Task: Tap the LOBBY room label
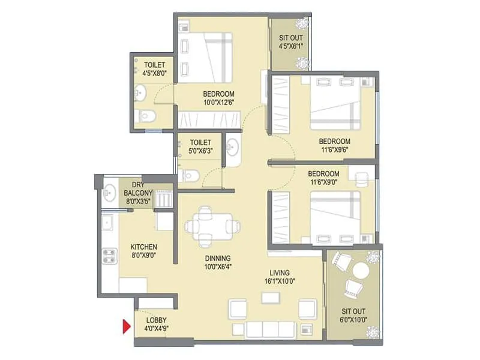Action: (x=156, y=320)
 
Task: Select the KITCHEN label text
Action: (x=144, y=247)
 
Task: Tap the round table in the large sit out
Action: (x=360, y=271)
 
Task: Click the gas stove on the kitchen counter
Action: (x=110, y=258)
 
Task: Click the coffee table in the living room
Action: (x=270, y=299)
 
